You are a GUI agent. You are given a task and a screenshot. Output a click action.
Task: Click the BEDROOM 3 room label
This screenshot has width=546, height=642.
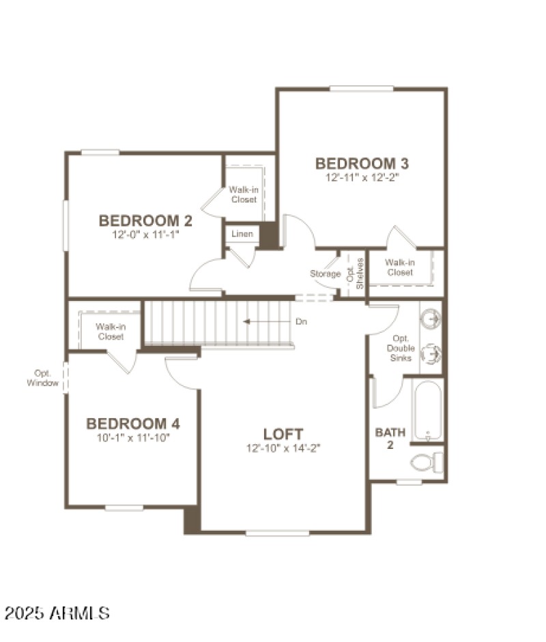(362, 164)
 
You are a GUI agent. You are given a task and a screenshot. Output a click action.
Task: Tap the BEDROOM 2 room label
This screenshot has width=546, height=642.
(145, 221)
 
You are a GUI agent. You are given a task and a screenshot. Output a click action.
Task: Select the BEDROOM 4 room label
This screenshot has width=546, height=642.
(133, 424)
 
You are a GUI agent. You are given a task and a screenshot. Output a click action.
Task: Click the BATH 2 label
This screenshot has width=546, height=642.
(390, 438)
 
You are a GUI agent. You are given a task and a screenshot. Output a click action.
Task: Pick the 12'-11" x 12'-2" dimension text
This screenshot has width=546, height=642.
(362, 177)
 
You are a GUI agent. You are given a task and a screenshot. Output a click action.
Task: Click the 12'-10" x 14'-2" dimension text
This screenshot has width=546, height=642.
(283, 448)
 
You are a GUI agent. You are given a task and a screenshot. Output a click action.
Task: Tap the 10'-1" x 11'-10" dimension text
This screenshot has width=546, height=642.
(133, 437)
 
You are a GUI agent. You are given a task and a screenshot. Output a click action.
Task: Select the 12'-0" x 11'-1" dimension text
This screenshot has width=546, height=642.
(145, 234)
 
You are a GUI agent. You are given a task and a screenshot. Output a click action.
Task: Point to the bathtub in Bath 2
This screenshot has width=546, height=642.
(428, 409)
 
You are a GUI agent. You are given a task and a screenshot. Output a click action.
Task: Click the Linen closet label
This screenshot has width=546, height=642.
(242, 234)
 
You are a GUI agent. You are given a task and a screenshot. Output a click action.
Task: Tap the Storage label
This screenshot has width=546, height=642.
(326, 274)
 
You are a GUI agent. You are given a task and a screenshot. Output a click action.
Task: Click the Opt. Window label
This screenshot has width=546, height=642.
(44, 378)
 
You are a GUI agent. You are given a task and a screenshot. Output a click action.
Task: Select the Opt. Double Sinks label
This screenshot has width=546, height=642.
(401, 348)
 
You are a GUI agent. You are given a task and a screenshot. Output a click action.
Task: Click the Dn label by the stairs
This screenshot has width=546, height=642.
(301, 321)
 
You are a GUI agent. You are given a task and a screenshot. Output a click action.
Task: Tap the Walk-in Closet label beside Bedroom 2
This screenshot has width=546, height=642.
(243, 194)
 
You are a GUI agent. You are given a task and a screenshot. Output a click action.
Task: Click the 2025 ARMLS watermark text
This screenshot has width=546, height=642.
(56, 613)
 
